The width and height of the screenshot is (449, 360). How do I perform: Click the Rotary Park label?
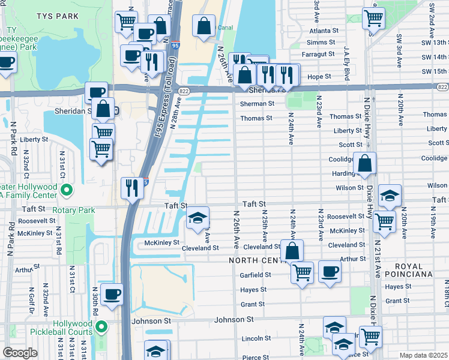pyautogui.click(x=74, y=211)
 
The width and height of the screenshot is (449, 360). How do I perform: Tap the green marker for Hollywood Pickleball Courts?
pyautogui.click(x=101, y=327)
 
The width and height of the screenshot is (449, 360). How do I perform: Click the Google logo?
pyautogui.click(x=20, y=353)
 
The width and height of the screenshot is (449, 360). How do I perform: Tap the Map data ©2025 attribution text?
pyautogui.click(x=424, y=355)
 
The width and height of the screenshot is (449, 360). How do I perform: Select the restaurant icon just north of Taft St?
pyautogui.click(x=131, y=188)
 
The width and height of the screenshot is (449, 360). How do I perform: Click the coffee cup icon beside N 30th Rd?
pyautogui.click(x=112, y=294)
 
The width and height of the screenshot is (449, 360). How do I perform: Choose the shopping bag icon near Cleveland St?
pyautogui.click(x=292, y=250)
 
